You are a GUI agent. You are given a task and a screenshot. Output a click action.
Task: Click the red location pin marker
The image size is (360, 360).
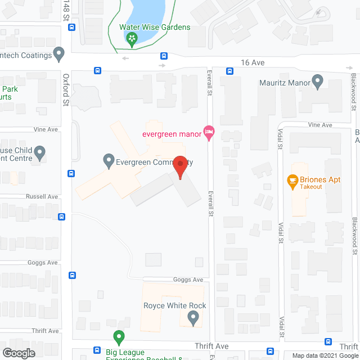pyautogui.click(x=180, y=167)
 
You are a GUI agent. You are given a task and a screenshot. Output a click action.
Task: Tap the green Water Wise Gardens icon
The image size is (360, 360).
pyautogui.click(x=132, y=38)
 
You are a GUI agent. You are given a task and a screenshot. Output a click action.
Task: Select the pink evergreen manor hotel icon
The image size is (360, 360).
pyautogui.click(x=209, y=133)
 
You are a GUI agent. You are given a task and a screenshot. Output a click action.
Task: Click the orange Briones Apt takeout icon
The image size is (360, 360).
pyautogui.click(x=292, y=180)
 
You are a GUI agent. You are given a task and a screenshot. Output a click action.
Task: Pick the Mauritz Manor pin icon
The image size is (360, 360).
pyautogui.click(x=317, y=83)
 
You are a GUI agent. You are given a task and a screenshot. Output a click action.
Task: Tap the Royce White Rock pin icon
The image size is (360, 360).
pyautogui.click(x=194, y=318)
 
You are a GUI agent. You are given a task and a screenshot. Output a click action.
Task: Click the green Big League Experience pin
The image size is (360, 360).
pyautogui.click(x=119, y=337)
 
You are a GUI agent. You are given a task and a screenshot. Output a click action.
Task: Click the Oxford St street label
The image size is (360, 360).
pyautogui.click(x=66, y=90)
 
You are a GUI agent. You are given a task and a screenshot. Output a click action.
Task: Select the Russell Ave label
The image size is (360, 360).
pyautogui.click(x=42, y=197)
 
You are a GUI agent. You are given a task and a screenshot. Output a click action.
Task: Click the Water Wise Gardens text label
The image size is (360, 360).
pyautogui.click(x=155, y=27)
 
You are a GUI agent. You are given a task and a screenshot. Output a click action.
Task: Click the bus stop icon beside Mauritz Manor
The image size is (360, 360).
pyautogui.click(x=230, y=71)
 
